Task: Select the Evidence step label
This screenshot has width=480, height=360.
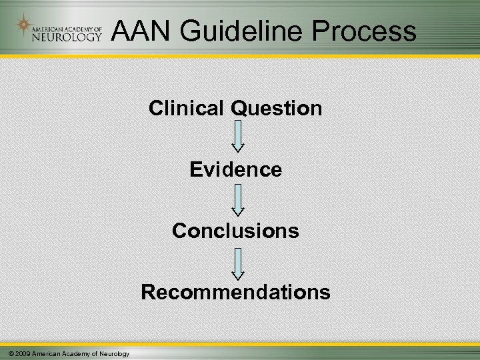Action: coord(235,170)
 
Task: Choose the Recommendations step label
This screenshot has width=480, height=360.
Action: coord(235,292)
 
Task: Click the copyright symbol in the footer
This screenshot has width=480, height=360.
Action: coord(5,353)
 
